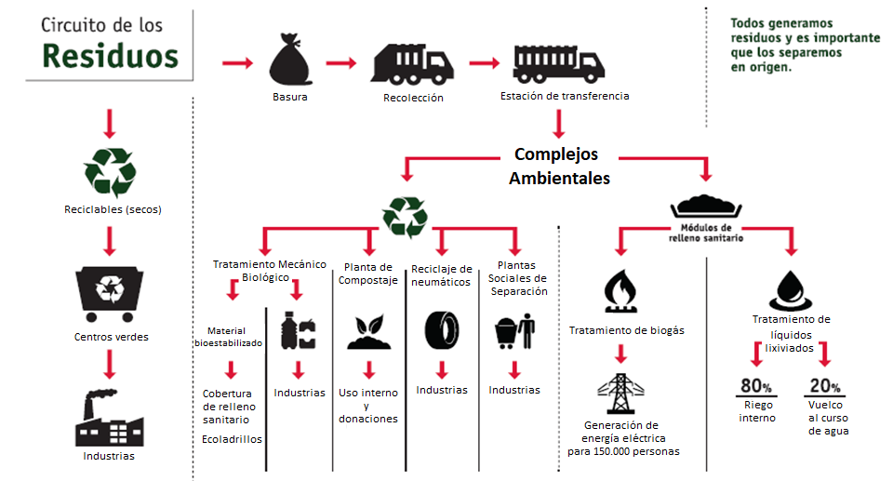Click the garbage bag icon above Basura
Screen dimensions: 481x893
(290, 60)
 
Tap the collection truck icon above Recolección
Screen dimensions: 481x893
(412, 64)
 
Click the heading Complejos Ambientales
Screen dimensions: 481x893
(559, 165)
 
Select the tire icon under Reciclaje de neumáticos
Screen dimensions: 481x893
(441, 330)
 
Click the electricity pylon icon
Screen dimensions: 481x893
(621, 395)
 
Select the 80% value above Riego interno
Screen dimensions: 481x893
(756, 387)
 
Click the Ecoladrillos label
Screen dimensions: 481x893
(232, 439)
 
